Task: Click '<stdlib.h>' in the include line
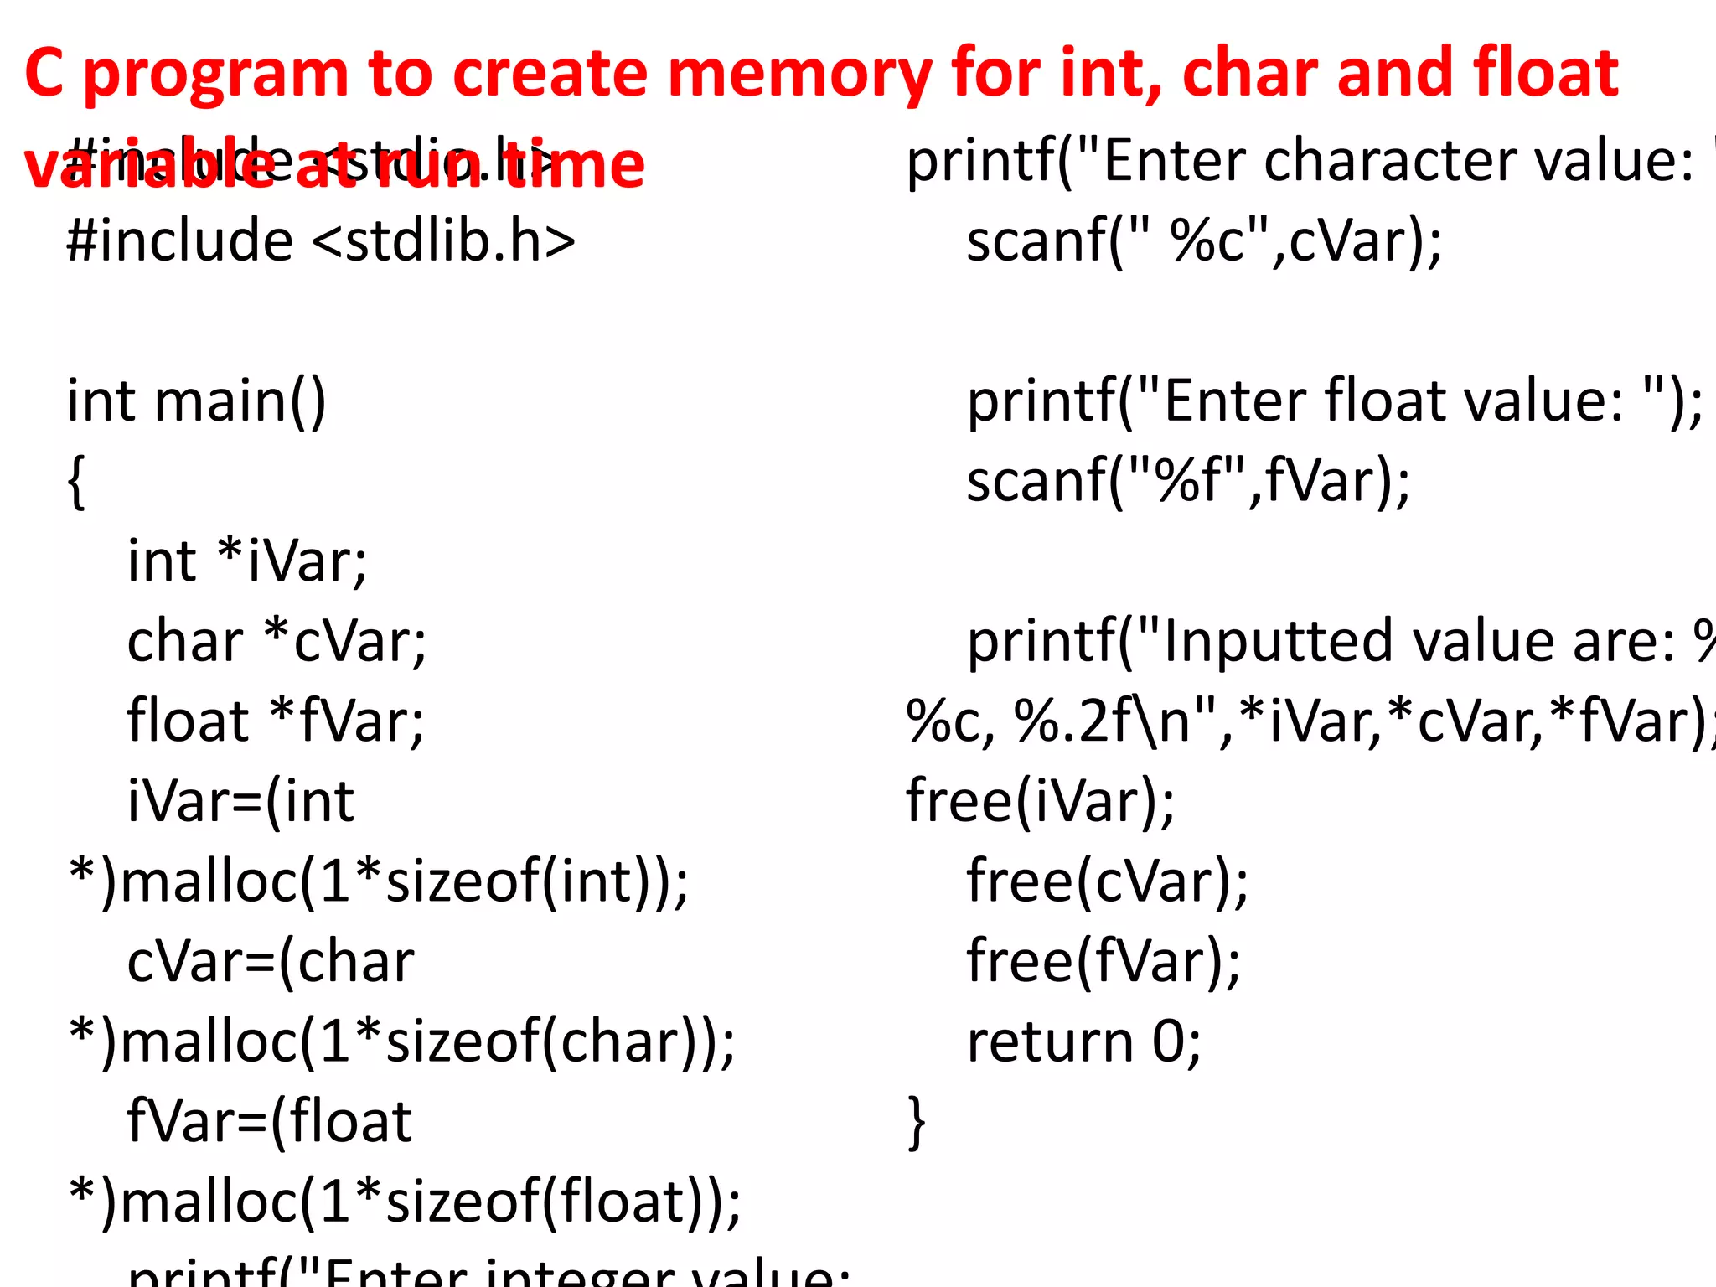point(444,241)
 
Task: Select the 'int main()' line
point(196,401)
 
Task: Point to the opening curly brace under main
point(76,482)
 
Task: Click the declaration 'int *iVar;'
point(247,561)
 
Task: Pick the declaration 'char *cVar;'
point(277,642)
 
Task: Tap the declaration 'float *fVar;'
point(276,721)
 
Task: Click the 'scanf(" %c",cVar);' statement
point(1204,241)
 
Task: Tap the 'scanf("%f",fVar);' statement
point(1188,482)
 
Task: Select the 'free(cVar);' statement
point(1107,881)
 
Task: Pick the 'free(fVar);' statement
point(1104,962)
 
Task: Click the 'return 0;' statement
point(1084,1042)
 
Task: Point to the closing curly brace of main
point(917,1122)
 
